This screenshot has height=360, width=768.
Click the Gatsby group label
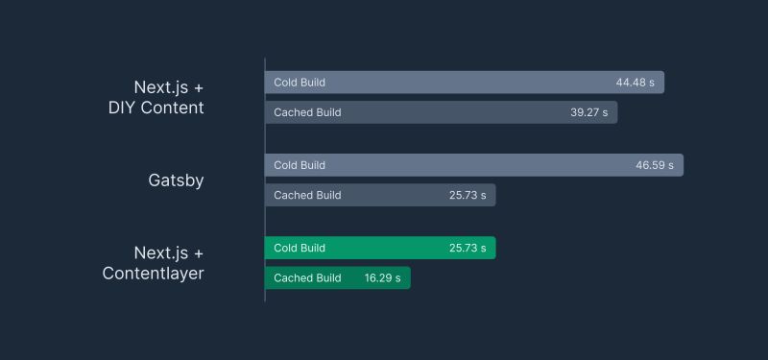[x=176, y=180]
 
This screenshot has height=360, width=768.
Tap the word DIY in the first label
[x=124, y=108]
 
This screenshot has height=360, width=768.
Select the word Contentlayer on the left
[x=154, y=274]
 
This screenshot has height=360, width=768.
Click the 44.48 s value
[x=635, y=83]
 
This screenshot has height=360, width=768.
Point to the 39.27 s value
[x=588, y=112]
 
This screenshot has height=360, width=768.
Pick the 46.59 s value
[x=654, y=165]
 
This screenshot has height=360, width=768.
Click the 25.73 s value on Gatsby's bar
[x=468, y=195]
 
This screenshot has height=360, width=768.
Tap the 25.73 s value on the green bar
[x=468, y=248]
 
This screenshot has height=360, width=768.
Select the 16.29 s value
[x=383, y=278]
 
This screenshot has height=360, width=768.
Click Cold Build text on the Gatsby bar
[x=300, y=165]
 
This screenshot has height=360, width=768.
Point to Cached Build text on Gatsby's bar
[x=307, y=195]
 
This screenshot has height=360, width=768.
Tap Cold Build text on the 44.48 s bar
[x=300, y=83]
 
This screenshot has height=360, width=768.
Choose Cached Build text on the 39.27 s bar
[x=307, y=112]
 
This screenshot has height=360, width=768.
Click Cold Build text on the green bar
[x=300, y=248]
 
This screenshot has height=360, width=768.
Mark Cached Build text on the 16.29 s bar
[x=307, y=278]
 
